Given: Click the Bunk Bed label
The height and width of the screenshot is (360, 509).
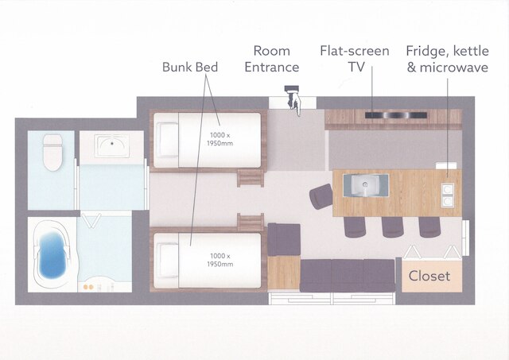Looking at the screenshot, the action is pos(190,67).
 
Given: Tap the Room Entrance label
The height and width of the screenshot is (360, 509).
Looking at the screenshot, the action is pos(272,59).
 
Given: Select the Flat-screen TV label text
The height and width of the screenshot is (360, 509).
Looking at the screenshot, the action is pos(355,59).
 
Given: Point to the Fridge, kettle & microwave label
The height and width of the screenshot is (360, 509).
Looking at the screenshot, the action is pos(447,59).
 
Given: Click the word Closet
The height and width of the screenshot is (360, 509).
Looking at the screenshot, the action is pos(429,276).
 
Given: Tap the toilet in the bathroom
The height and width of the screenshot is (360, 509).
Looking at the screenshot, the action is pos(52,153).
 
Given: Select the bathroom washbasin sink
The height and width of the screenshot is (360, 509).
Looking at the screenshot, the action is pos(112,146).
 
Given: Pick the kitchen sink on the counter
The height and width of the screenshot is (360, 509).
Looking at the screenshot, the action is pos(366,185).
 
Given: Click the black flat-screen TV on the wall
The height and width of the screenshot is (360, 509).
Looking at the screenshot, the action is pos(396,115).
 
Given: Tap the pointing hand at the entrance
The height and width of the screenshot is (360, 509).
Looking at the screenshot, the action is pos(293,100).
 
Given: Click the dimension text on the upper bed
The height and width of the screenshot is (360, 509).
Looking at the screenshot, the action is pos(220,139).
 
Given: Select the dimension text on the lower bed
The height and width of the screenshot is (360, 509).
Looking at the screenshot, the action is pos(220,260).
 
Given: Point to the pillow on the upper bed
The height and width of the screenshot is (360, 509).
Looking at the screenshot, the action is pos(167,140).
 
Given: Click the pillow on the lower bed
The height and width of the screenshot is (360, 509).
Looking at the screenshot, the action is pos(167,261).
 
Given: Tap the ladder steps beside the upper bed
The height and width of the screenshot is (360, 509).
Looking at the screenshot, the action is pos(250,178).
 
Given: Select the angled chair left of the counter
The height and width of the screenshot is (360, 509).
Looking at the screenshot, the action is pos(321,196).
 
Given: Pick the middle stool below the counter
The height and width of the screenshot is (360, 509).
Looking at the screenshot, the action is pos(392,226).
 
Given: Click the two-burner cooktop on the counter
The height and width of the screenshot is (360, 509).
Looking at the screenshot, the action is pos(447,195).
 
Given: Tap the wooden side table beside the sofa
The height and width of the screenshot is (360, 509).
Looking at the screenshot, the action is pos(284,273).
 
